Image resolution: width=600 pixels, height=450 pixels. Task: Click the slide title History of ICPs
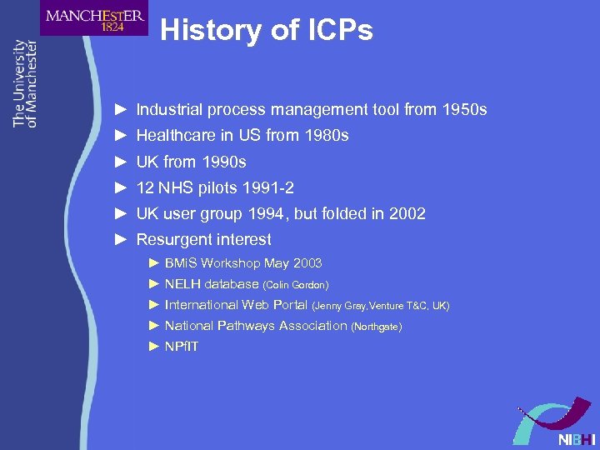point(267,31)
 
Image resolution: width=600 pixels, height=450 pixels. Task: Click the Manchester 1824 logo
point(94,18)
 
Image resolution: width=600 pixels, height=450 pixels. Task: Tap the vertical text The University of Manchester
point(25,83)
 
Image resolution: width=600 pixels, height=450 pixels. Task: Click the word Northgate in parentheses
point(377,327)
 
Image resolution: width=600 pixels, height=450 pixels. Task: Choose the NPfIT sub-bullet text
point(182,347)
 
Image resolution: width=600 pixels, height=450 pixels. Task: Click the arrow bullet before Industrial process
point(121,110)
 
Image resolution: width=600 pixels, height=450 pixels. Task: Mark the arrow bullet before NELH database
point(153,284)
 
